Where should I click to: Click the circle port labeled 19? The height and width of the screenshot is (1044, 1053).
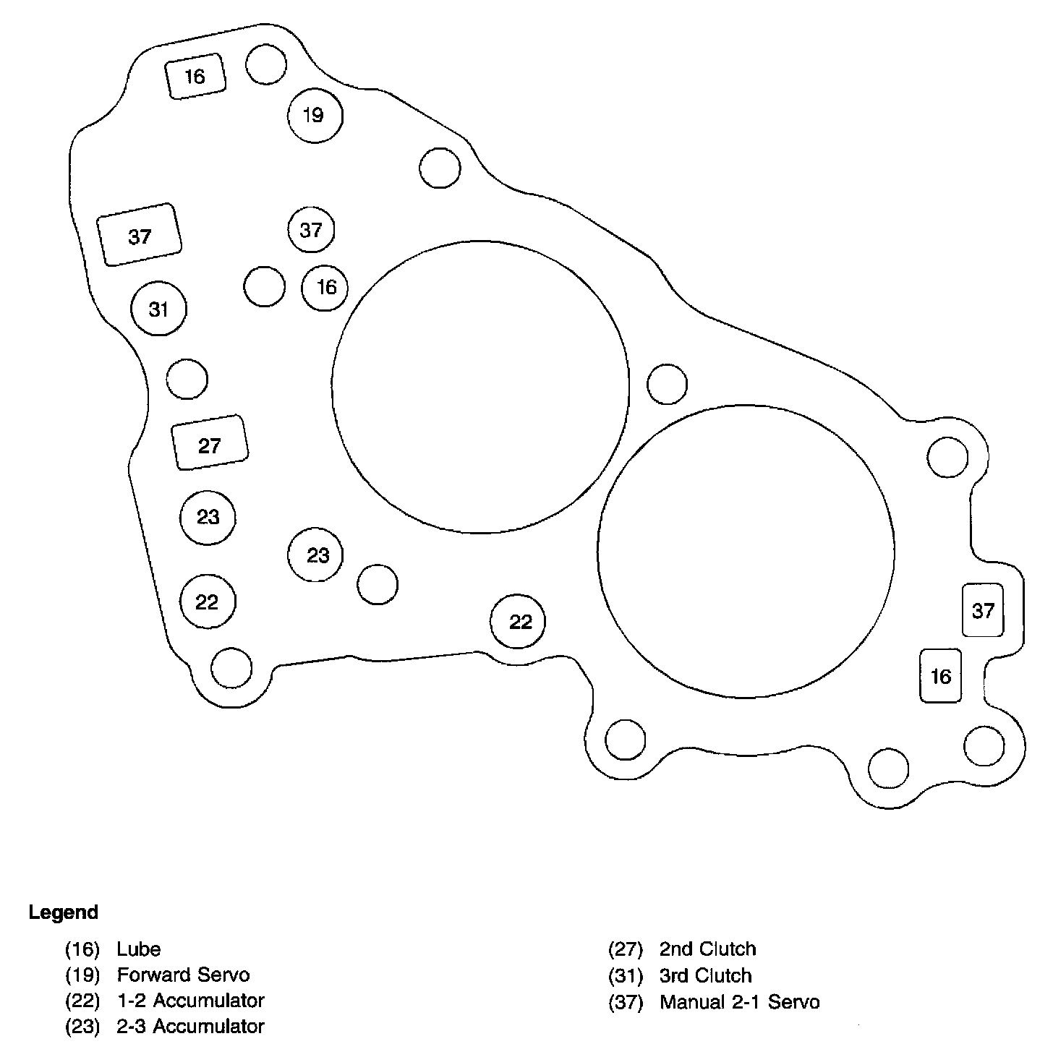tap(315, 115)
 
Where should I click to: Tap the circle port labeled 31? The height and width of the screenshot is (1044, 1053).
tap(159, 309)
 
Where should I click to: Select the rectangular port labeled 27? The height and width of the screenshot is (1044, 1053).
tap(210, 443)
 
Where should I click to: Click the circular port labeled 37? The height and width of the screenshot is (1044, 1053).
tap(311, 230)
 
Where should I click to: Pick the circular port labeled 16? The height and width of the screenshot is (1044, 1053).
tap(325, 287)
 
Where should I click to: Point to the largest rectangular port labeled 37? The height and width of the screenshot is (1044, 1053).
tap(140, 235)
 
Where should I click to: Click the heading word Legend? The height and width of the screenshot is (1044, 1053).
tap(64, 912)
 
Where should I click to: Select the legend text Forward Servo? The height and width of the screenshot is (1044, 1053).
tap(183, 975)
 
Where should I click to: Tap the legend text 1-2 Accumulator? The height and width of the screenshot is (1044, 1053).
tap(190, 1001)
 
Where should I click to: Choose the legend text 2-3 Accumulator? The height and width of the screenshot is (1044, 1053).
tap(190, 1026)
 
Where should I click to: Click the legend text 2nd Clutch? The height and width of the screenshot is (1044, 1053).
tap(707, 949)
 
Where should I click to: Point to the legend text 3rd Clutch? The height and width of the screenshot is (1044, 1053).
tap(705, 975)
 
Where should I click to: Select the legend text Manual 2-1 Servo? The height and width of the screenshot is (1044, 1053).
tap(739, 1002)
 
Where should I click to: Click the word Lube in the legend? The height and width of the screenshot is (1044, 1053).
tap(138, 949)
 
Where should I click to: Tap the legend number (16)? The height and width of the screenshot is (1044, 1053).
tap(82, 949)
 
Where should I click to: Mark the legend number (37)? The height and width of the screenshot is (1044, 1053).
tap(626, 1002)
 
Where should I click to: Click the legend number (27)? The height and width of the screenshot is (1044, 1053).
tap(626, 949)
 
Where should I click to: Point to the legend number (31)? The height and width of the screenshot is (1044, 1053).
tap(626, 975)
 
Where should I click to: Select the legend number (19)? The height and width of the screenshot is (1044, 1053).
tap(82, 975)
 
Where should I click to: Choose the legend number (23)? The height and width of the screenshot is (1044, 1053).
tap(82, 1026)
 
